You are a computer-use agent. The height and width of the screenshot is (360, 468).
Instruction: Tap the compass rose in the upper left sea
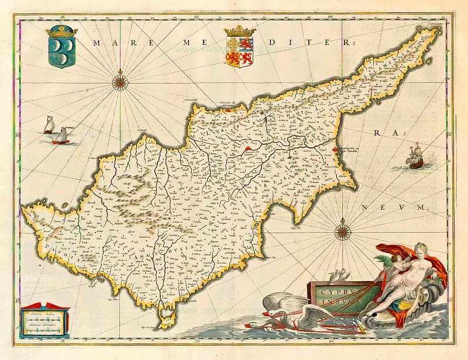click(121, 81)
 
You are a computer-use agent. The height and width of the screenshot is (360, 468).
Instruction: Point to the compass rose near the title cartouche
click(341, 233)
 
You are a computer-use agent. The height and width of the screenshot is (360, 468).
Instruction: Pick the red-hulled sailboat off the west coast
click(61, 137)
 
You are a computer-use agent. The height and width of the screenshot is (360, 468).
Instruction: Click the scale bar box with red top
click(44, 320)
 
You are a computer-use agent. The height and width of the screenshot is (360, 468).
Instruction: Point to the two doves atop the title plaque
click(338, 275)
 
